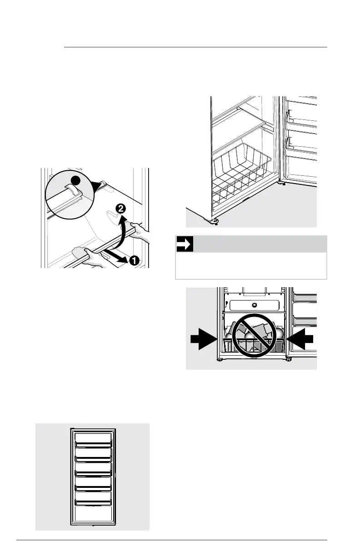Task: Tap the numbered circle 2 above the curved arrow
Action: tap(120, 209)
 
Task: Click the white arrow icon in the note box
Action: tap(185, 244)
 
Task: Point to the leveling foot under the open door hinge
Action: tap(283, 184)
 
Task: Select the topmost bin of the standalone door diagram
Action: tap(93, 438)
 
